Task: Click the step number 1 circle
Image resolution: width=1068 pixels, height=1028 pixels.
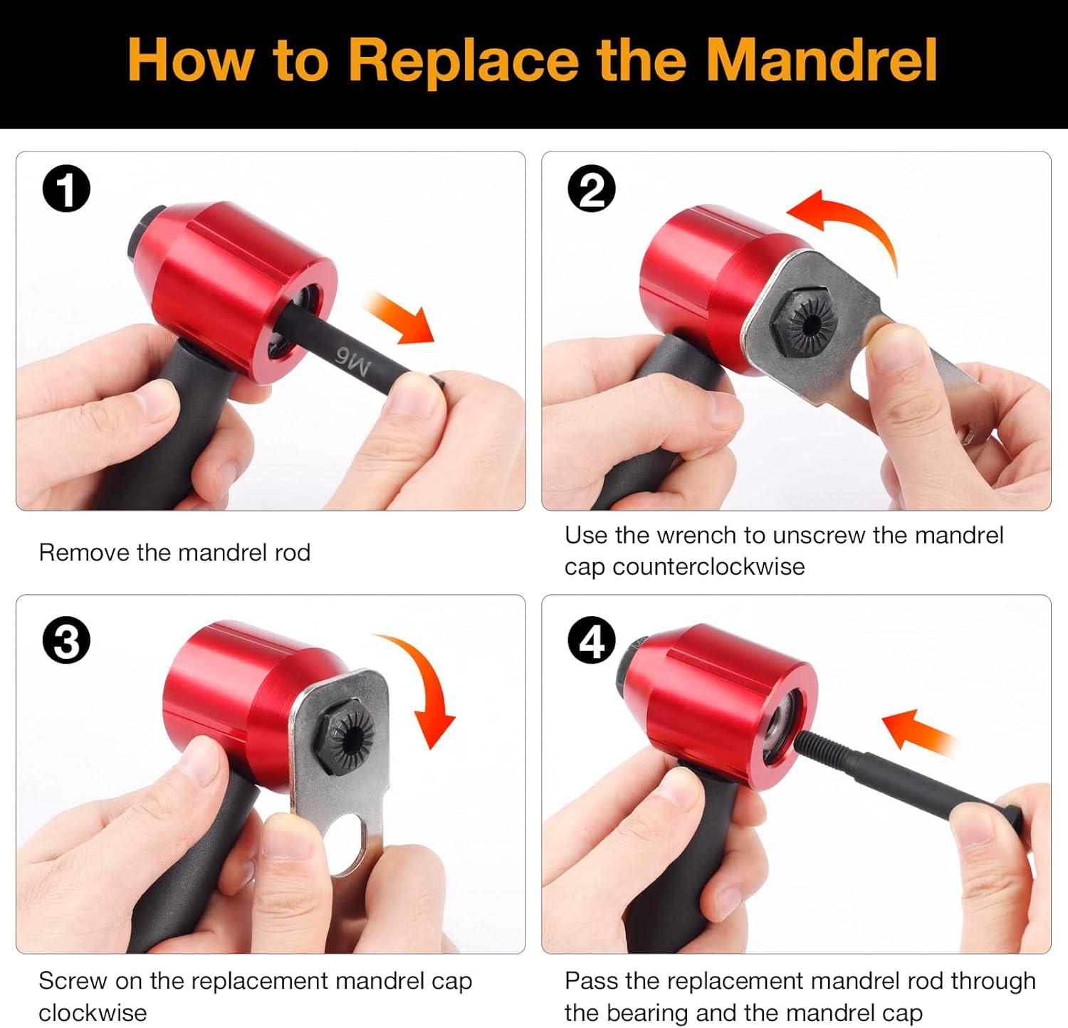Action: point(67,189)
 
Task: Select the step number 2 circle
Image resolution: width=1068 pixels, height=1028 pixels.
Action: point(592,189)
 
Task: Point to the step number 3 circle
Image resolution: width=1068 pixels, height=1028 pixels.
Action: point(67,641)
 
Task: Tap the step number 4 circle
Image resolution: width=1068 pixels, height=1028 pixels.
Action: point(592,641)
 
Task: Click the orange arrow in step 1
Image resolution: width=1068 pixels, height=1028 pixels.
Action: point(400,318)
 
